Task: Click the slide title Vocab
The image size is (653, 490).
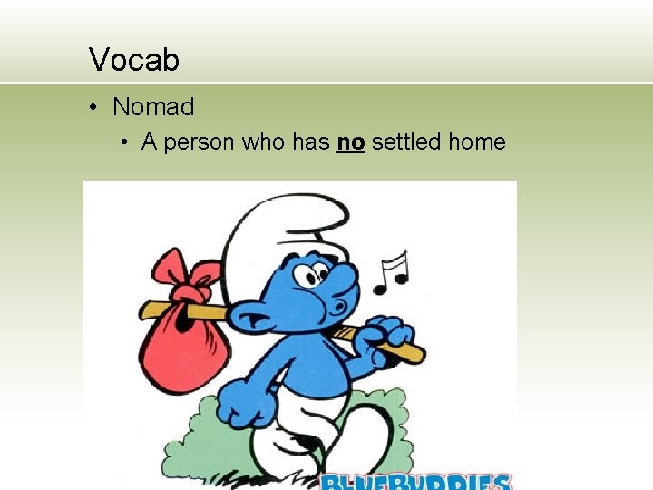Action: (134, 60)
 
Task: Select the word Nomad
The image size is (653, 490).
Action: (153, 107)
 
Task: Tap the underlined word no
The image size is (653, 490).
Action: (351, 142)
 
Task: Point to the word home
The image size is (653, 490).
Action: (478, 142)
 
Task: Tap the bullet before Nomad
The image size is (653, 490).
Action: (94, 107)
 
